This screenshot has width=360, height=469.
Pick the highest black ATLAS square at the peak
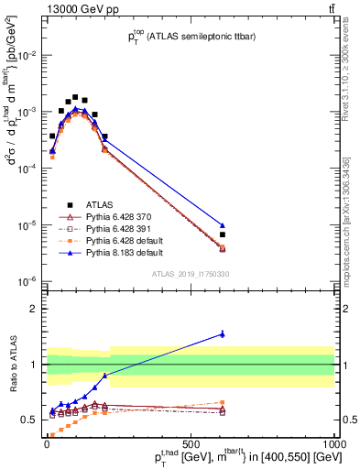point(75,96)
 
